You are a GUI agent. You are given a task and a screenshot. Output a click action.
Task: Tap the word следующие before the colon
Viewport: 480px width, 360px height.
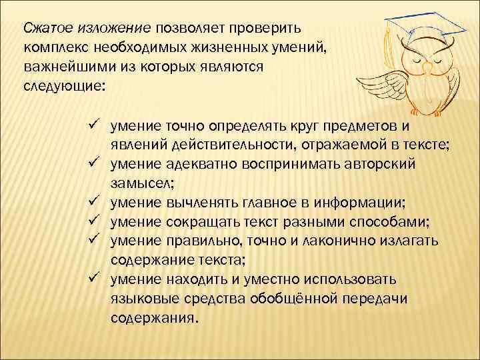point(62,86)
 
